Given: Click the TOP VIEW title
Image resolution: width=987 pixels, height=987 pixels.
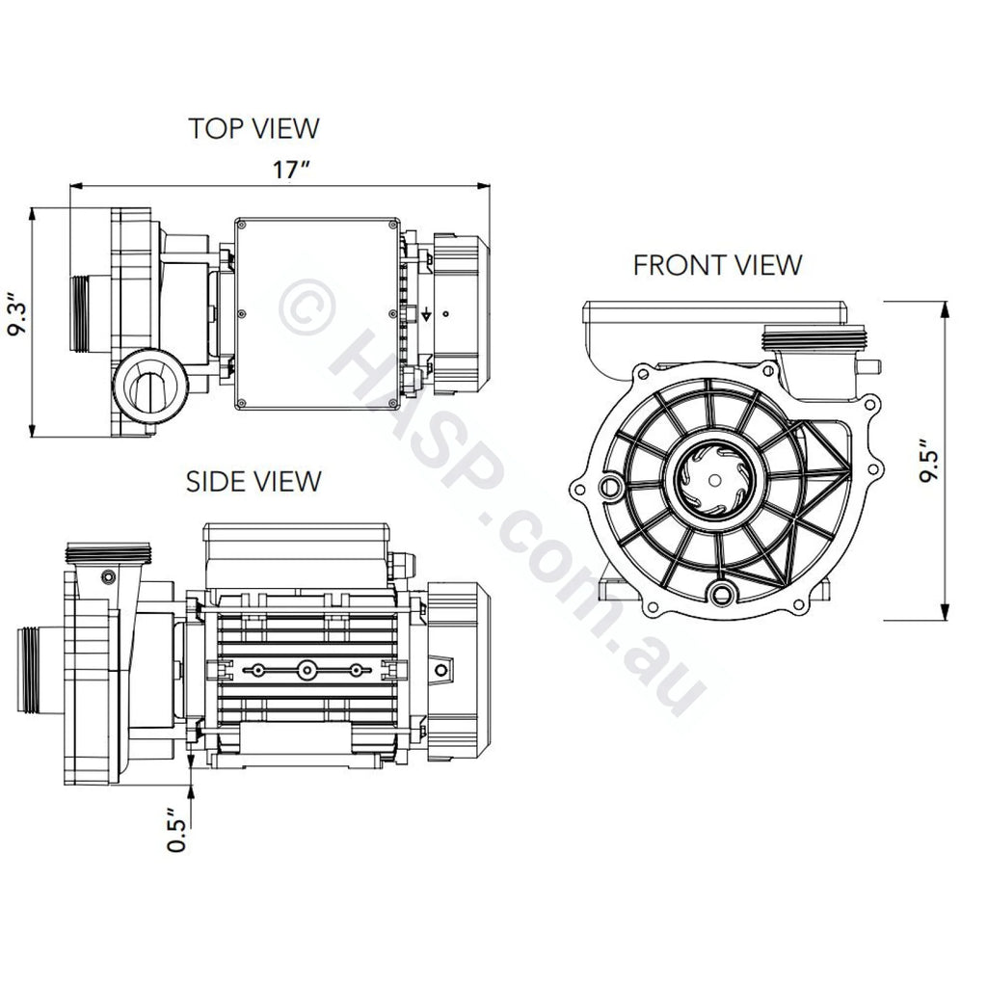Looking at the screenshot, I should point(253,127).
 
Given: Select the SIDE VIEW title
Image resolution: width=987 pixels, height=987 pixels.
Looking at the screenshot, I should point(253,480).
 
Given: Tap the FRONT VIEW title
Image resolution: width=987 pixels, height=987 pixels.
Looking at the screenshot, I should point(717,264).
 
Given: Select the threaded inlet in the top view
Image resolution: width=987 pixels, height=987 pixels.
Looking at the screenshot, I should point(90,314).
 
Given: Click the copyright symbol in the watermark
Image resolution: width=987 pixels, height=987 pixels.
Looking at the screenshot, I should point(307,308).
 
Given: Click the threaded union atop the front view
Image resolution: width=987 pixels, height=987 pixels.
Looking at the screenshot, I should point(815,339).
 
